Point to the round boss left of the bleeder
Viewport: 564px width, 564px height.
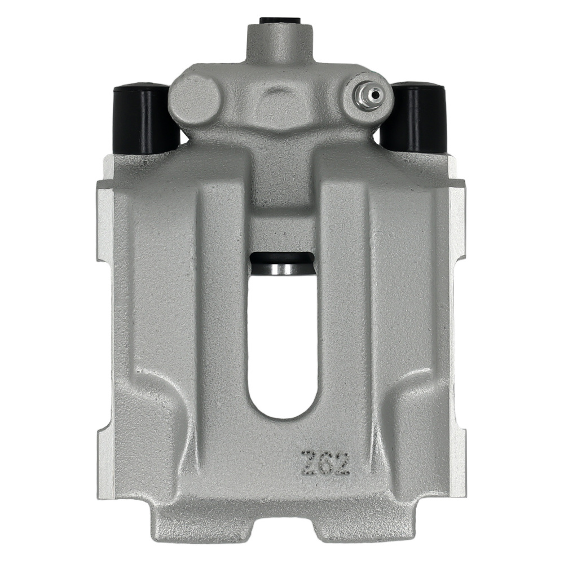[x=195, y=100]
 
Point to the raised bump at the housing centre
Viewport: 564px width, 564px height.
[x=280, y=96]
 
